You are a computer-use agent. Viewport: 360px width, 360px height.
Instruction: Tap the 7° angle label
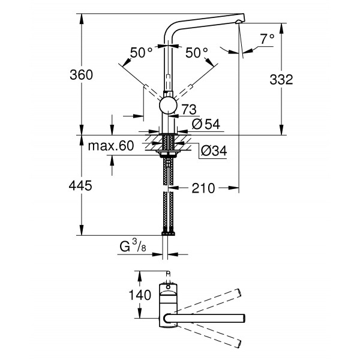pyautogui.click(x=267, y=39)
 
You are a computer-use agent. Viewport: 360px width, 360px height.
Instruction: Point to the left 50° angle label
pyautogui.click(x=142, y=53)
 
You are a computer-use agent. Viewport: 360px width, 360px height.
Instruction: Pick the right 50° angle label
pyautogui.click(x=196, y=53)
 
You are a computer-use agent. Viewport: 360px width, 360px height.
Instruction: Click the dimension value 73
pyautogui.click(x=189, y=109)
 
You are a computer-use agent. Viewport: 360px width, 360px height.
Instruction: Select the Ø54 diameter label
pyautogui.click(x=205, y=124)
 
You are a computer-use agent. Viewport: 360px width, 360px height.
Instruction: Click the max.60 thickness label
pyautogui.click(x=110, y=146)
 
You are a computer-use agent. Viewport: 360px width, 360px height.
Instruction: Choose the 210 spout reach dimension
pyautogui.click(x=203, y=188)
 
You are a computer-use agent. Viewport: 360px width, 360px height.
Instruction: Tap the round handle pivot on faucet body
pyautogui.click(x=167, y=107)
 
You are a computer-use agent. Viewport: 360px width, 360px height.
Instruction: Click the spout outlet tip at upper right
pyautogui.click(x=240, y=21)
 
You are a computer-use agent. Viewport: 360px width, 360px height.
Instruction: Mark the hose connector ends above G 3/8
pyautogui.click(x=167, y=232)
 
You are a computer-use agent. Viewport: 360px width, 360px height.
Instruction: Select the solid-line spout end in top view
pyautogui.click(x=243, y=317)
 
